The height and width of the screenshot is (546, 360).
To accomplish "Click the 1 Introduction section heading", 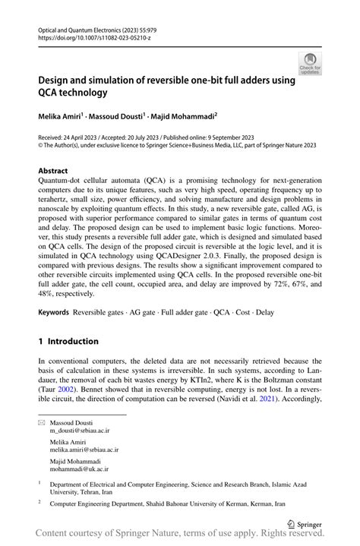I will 68,341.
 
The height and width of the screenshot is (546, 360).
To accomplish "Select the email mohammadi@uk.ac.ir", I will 79,469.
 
